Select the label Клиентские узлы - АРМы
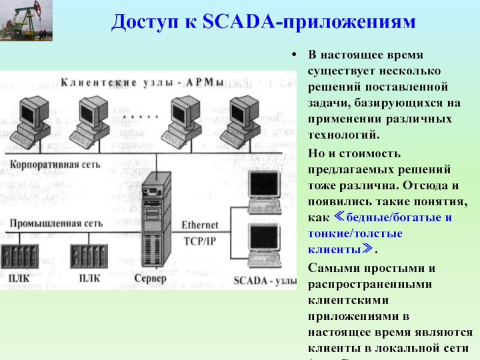142,80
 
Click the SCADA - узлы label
264,279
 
